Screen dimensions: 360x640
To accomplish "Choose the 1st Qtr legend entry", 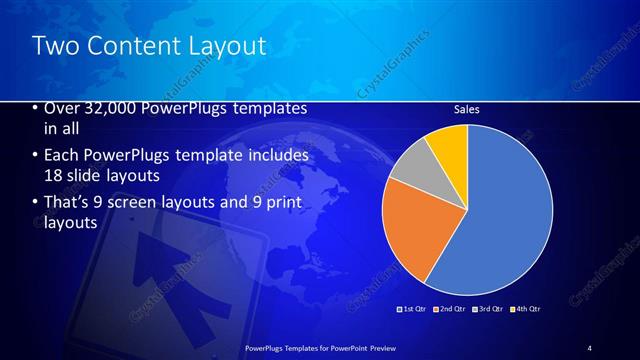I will point(413,309).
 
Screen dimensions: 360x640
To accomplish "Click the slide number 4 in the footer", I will point(590,347).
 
